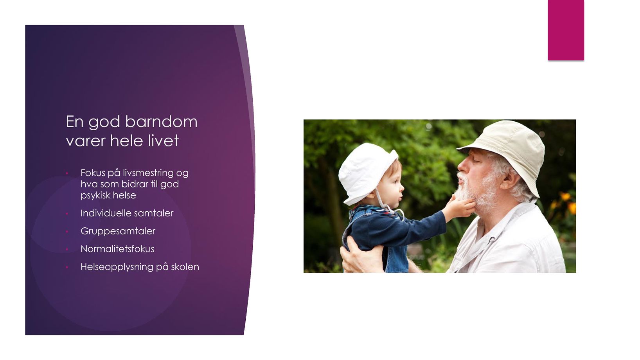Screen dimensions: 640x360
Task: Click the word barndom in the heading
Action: click(161, 122)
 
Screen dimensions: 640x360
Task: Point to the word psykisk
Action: click(95, 196)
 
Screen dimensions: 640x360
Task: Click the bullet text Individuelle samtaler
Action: click(127, 213)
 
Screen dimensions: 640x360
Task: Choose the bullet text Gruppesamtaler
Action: click(118, 231)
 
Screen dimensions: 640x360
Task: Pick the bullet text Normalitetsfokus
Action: click(117, 249)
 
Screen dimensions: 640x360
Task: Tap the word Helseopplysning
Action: click(117, 267)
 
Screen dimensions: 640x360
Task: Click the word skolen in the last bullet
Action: click(185, 267)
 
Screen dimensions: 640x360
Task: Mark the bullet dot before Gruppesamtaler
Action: click(67, 231)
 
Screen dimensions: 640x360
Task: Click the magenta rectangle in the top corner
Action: click(566, 30)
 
